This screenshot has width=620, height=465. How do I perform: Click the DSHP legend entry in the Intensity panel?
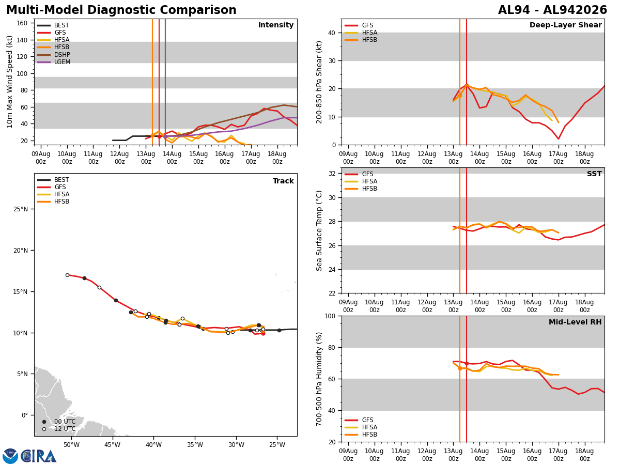(x=54, y=54)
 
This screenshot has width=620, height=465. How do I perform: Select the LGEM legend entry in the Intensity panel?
(x=54, y=62)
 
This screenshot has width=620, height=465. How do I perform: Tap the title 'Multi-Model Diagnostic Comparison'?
(x=121, y=10)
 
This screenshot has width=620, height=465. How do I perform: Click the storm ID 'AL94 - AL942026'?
(x=552, y=10)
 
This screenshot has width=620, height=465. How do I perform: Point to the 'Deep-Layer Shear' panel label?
(x=565, y=25)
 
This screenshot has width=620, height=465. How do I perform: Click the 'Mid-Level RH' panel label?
(x=575, y=322)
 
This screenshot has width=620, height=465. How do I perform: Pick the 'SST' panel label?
(x=594, y=174)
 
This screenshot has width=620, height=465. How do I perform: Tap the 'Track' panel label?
(x=283, y=181)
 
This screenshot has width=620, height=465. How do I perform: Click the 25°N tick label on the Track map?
(x=21, y=209)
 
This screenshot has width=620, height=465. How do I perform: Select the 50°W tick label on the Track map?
(x=71, y=445)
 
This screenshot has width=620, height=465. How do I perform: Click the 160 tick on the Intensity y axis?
(x=22, y=23)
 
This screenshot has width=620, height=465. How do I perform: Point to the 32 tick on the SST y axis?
(x=332, y=174)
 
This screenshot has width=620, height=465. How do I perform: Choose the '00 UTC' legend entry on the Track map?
(x=59, y=422)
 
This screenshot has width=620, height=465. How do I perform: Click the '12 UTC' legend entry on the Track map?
(x=59, y=429)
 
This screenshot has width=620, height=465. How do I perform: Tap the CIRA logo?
(x=29, y=456)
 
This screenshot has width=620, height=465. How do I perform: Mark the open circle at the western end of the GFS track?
(x=67, y=275)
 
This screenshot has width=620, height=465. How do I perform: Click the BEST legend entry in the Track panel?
(x=53, y=180)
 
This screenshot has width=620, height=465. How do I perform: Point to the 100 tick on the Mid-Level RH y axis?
(x=330, y=316)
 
